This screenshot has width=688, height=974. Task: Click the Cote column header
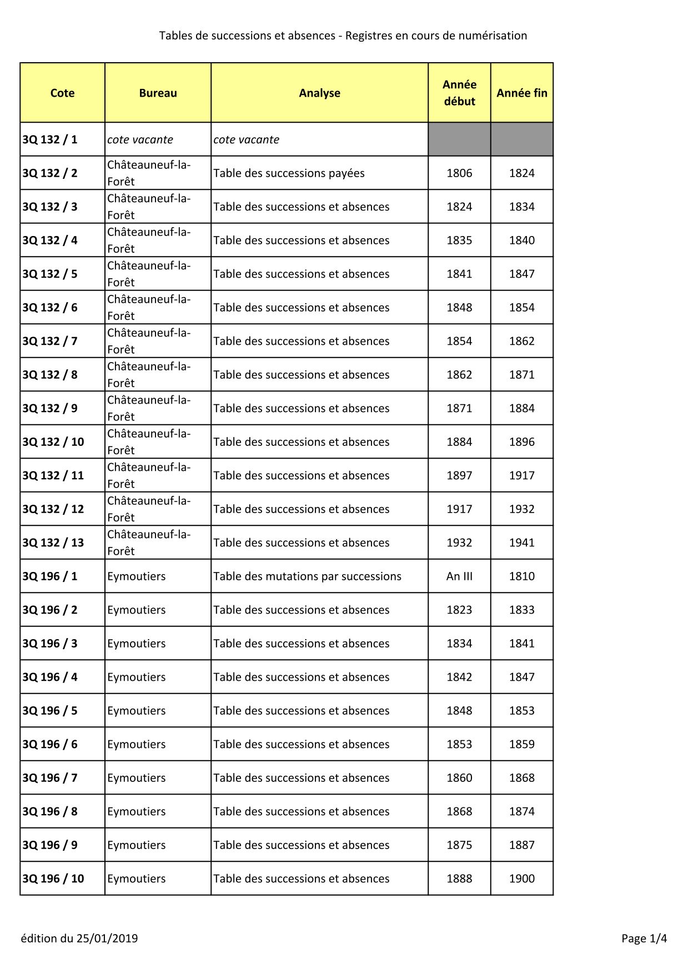coord(62,93)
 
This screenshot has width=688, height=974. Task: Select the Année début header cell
coord(459,93)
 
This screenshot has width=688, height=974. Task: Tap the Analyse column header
coord(319,93)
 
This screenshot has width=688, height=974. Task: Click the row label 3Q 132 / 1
coord(50,140)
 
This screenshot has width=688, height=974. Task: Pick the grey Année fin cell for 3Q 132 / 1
coord(522,139)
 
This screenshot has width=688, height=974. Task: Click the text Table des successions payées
coord(289,173)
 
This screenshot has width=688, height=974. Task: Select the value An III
coord(459,576)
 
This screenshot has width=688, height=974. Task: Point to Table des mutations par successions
coord(307,576)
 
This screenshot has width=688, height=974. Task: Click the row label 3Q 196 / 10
coord(53,878)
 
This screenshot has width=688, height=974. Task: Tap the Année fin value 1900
coord(522,878)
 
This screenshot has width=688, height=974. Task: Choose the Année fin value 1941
coord(522,543)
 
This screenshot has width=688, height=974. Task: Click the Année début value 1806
coord(459,173)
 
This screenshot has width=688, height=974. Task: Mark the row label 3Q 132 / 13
coord(53,543)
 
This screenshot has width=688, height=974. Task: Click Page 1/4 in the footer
coord(644,938)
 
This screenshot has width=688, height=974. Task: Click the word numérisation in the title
coord(493,36)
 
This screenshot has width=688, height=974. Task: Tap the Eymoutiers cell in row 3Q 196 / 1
coord(137,576)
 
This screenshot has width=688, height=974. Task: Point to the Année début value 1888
coord(459,878)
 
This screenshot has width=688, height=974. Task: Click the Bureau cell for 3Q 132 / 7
coord(149,341)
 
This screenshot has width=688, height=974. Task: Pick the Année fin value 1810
coord(522,576)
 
